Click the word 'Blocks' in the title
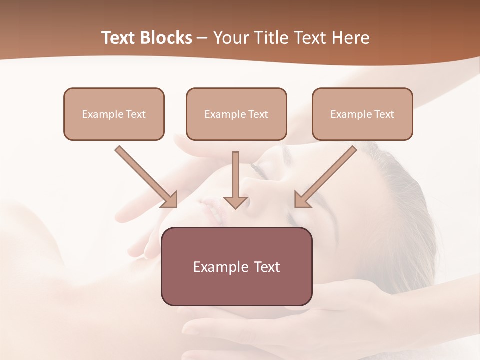167,38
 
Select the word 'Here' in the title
352,38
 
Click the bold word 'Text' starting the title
120,38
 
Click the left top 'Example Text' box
114,114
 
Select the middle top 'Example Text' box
236,114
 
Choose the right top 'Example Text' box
362,114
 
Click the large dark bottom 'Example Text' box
236,266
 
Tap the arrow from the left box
145,176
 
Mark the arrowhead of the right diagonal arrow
301,200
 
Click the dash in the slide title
202,38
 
